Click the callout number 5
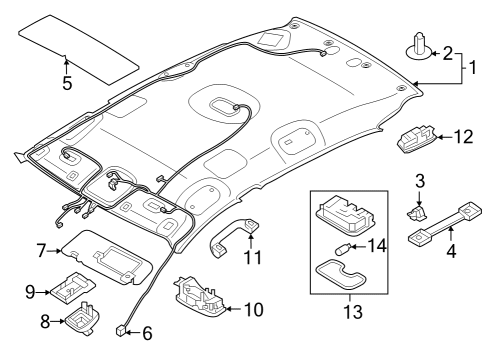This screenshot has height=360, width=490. [x=67, y=83]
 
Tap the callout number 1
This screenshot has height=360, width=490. [x=473, y=67]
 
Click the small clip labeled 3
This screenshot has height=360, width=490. [x=417, y=213]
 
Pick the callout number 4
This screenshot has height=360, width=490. [x=451, y=251]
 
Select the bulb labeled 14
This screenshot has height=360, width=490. [x=342, y=248]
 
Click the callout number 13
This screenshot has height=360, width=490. [x=353, y=312]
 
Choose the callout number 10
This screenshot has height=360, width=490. [x=254, y=310]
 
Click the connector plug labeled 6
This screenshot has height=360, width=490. [x=120, y=330]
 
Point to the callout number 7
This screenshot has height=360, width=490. [x=41, y=251]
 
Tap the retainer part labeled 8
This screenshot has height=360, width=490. [x=82, y=318]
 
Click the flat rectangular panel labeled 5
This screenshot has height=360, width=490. [x=79, y=49]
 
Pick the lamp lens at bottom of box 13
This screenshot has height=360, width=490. [x=340, y=273]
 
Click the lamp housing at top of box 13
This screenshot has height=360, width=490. [x=345, y=215]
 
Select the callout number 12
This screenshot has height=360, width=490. [x=463, y=137]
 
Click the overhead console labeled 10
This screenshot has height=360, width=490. [x=199, y=296]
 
